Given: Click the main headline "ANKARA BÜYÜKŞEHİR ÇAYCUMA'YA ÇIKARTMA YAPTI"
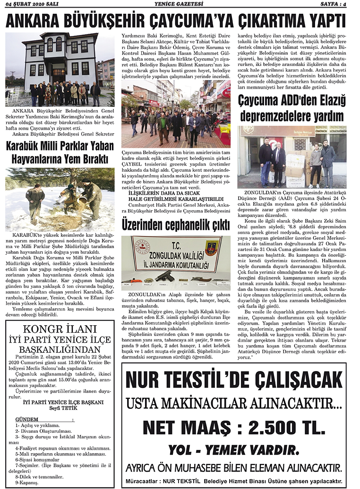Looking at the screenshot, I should (x=180, y=21).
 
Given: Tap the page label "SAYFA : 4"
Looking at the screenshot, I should (x=338, y=4).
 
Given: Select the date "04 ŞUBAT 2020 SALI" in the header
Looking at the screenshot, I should (x=30, y=4).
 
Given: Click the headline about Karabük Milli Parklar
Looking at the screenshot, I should (x=60, y=153).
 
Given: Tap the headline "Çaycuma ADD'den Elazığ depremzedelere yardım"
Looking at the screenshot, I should (x=292, y=108).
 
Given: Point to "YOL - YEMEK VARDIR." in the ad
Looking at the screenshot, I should (x=233, y=448).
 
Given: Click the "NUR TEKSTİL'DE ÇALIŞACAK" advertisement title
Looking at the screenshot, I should (x=233, y=380).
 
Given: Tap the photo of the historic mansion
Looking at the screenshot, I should (x=60, y=69).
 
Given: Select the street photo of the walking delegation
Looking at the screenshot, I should (x=175, y=116).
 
